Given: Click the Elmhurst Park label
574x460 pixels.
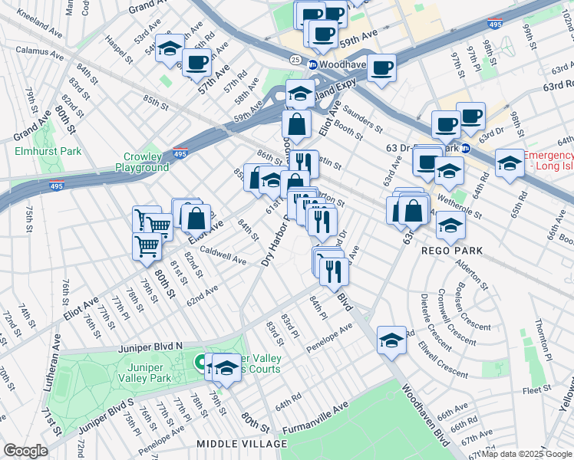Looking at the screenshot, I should click(x=47, y=151).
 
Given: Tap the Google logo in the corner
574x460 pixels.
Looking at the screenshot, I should click(x=25, y=451).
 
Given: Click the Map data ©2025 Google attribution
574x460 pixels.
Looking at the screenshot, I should click(x=526, y=454).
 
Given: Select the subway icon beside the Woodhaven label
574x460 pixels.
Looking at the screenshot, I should click(x=313, y=65).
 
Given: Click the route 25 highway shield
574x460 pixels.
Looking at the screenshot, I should click(x=295, y=59).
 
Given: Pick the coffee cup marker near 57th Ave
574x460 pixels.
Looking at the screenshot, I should click(x=197, y=61).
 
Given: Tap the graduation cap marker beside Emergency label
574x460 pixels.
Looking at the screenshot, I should click(x=510, y=163).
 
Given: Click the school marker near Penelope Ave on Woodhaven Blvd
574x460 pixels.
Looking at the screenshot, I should click(x=391, y=340).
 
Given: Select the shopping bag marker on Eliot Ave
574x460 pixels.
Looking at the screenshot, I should click(x=196, y=218).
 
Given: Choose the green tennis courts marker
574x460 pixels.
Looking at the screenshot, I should click(x=201, y=361).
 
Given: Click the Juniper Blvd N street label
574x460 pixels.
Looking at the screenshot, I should click(x=150, y=347).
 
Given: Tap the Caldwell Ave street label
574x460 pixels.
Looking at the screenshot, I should click(x=223, y=255).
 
